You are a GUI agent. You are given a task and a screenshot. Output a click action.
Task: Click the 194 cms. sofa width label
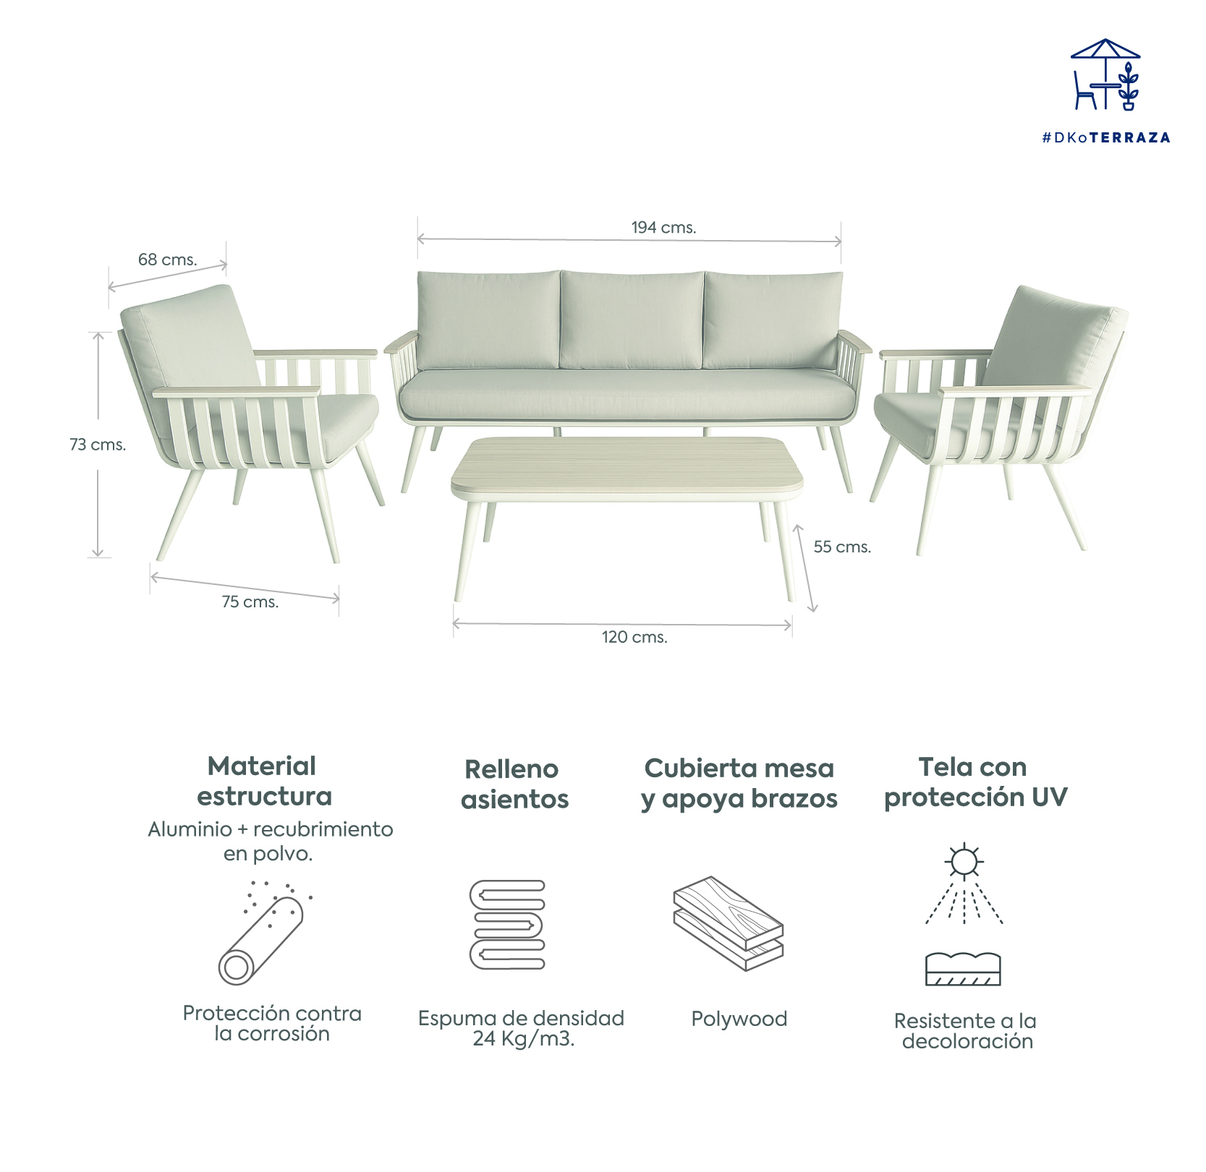tap(663, 228)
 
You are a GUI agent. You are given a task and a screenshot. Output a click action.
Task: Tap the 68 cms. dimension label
tap(167, 260)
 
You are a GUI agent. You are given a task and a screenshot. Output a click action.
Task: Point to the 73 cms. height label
tap(98, 445)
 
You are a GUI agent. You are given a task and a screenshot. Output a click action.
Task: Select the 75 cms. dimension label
tap(250, 602)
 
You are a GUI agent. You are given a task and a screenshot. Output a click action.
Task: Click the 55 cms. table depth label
tap(841, 547)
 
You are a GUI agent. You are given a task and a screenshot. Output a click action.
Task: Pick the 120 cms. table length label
tap(634, 637)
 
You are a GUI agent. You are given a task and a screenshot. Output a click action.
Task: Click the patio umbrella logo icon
tap(1105, 75)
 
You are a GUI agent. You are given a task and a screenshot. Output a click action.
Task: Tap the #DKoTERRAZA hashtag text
tap(1105, 137)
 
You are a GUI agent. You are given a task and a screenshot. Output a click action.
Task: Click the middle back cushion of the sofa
tap(632, 320)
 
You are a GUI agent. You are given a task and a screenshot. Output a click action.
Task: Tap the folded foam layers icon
tap(507, 925)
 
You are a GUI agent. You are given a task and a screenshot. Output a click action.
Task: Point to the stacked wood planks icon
tap(729, 923)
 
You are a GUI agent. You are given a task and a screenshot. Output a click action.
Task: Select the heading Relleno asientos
tap(514, 784)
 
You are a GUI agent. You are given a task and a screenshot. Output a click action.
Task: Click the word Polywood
tap(739, 1019)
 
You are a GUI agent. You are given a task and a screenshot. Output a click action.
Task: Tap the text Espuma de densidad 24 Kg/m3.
tap(521, 1028)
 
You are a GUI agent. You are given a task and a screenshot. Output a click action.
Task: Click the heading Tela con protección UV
tap(974, 782)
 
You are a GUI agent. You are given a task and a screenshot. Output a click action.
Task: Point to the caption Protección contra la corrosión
tap(272, 1023)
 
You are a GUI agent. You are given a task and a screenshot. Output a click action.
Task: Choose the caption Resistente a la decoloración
tap(966, 1031)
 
